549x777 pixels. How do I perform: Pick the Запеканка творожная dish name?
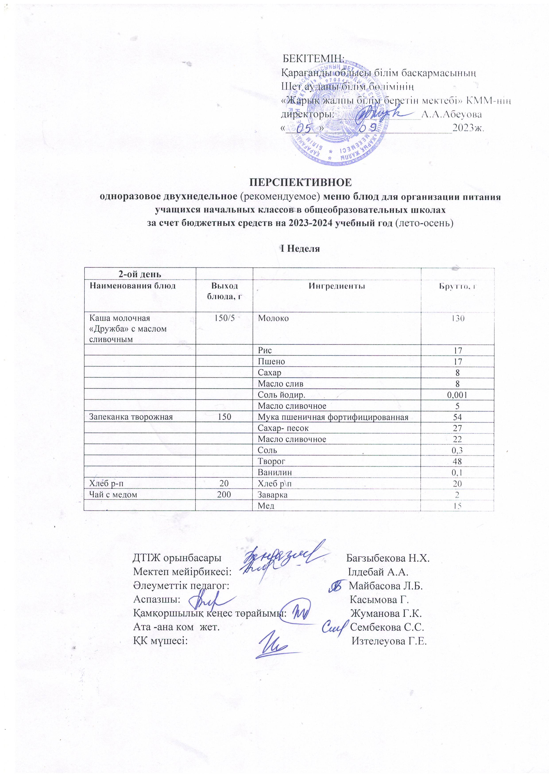131,417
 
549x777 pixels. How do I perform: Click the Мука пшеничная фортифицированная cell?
333,417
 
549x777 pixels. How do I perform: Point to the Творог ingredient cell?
272,461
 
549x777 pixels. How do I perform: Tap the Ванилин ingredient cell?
275,472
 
